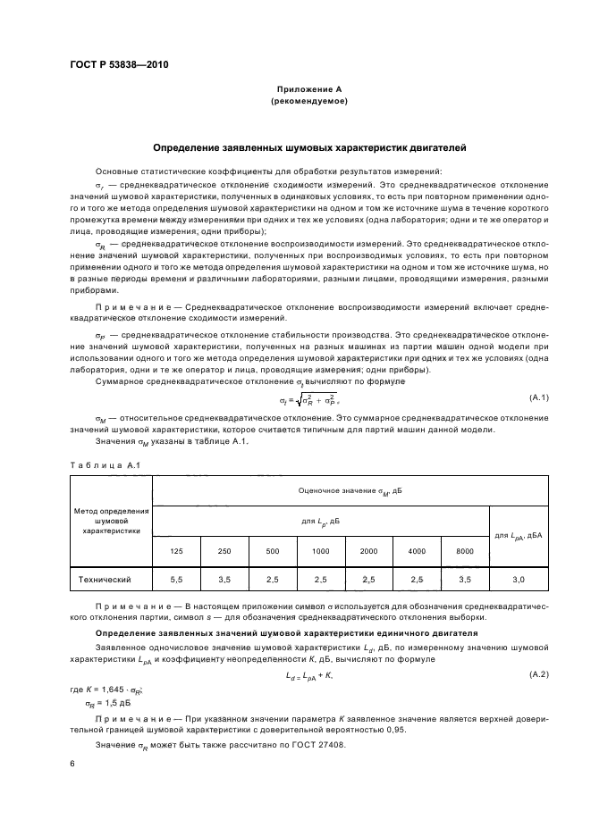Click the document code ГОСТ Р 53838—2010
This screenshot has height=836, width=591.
[118, 66]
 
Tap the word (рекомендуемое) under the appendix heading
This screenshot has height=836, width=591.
[308, 102]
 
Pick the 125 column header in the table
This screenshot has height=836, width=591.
[177, 551]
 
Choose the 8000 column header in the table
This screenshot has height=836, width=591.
[464, 551]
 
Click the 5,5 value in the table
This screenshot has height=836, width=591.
[177, 580]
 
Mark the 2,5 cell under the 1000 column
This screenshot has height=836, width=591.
[320, 580]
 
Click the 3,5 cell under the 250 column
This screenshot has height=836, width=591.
[224, 580]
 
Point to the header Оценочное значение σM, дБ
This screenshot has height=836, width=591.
[350, 490]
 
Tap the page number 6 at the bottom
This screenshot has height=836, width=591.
[72, 765]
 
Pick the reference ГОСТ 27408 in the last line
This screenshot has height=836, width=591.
[314, 744]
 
